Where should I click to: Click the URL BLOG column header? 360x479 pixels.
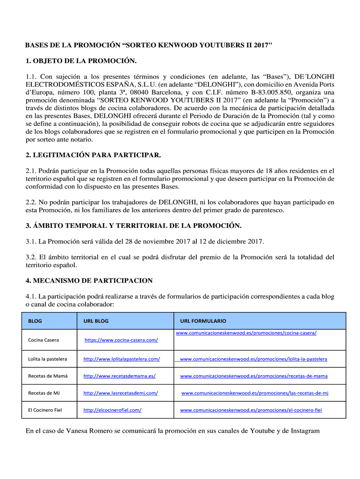[96, 321]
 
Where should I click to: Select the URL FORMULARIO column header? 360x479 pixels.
[203, 321]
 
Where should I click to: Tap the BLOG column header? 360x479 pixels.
[35, 321]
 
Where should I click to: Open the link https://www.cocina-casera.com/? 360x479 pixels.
[121, 340]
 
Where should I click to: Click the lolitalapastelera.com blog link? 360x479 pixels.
[122, 359]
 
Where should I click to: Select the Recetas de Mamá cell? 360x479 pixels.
[48, 376]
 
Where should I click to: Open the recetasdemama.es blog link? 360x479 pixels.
[119, 376]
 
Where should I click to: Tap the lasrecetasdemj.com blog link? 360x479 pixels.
[121, 393]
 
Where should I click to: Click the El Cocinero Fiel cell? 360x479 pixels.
[45, 410]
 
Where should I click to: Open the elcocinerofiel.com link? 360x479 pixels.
[112, 410]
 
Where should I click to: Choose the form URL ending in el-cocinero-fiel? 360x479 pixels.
[251, 410]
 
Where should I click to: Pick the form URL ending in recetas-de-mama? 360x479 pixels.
[254, 376]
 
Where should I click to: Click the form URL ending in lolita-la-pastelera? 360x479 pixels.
[253, 359]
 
